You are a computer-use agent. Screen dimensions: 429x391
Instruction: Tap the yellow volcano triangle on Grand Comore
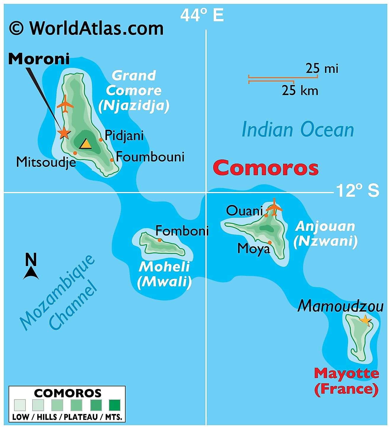86,144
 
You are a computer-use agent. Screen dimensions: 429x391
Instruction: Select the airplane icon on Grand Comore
65,104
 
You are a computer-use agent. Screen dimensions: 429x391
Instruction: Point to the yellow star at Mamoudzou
365,320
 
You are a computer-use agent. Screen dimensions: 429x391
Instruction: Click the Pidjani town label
124,136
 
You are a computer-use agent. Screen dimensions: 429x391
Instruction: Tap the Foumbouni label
150,157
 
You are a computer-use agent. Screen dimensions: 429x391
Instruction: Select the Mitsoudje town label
46,162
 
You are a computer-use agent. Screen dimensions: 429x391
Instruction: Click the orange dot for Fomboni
160,240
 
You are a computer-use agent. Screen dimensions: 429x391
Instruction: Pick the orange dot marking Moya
270,242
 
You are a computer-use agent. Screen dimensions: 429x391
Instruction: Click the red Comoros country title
266,168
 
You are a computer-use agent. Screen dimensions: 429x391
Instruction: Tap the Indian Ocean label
298,130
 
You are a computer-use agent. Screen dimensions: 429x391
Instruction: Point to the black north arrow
31,273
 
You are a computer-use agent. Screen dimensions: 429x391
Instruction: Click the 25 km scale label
300,90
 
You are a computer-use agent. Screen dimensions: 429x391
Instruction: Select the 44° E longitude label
202,15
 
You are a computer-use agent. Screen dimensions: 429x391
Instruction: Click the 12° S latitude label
358,191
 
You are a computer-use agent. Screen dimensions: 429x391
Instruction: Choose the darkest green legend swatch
115,405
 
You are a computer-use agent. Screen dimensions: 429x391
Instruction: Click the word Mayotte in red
346,373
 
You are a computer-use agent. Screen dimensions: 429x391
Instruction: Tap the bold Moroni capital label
39,59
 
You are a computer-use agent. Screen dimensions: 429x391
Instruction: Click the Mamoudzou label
340,306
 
